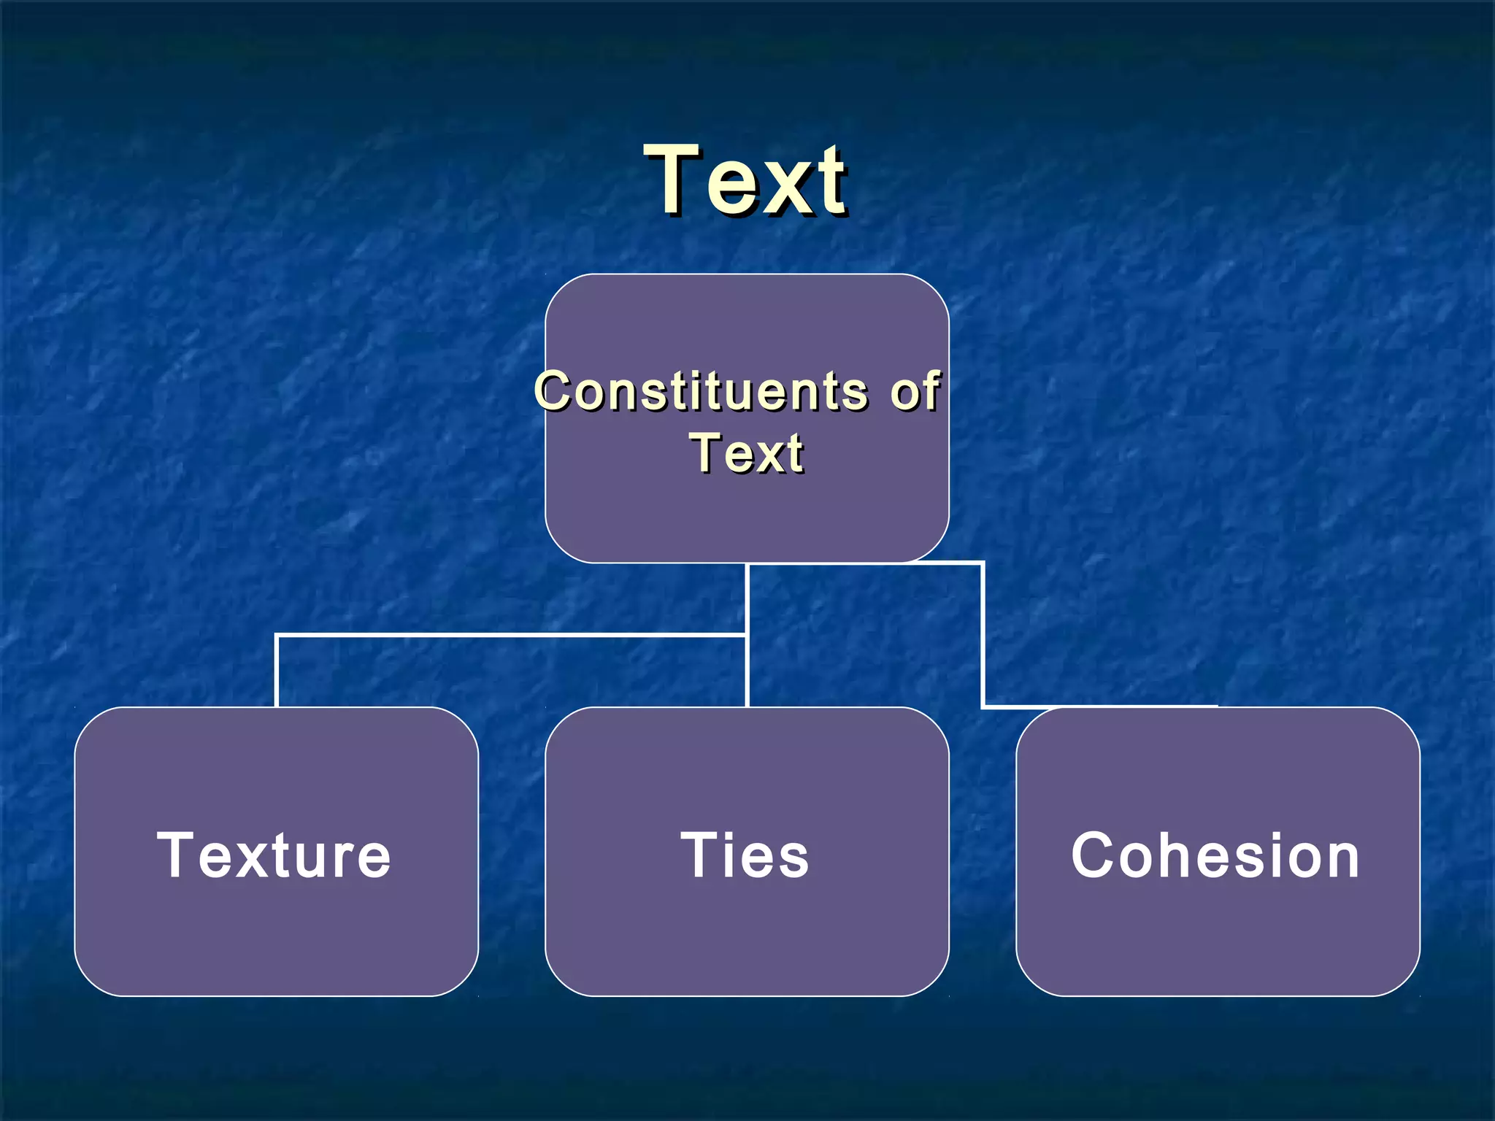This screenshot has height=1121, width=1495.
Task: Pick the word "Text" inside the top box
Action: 746,453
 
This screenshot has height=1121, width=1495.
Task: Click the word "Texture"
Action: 274,855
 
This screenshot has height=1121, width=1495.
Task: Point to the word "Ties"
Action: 745,855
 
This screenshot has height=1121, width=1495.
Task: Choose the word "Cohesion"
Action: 1215,855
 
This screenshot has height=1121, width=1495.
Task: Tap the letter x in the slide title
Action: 777,188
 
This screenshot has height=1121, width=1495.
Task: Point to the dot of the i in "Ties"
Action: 723,835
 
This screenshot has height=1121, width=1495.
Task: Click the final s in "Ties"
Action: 793,861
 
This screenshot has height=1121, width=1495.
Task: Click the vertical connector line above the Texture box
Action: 277,671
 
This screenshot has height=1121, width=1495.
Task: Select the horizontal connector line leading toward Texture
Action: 511,636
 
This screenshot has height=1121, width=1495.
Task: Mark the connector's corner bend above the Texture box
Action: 277,636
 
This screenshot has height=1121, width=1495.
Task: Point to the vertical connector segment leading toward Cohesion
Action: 983,635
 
